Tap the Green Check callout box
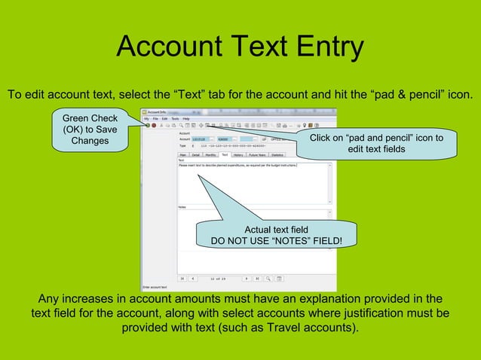pos(90,130)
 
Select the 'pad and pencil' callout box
pos(376,144)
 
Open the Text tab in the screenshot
pos(225,154)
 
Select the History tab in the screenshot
pos(238,154)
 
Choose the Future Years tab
pos(259,154)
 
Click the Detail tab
pos(197,154)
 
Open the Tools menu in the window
pos(174,118)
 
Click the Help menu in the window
pos(185,118)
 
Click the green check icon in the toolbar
pos(147,125)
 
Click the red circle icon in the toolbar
pos(153,125)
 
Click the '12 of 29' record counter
pos(219,278)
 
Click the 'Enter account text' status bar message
pos(155,287)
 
